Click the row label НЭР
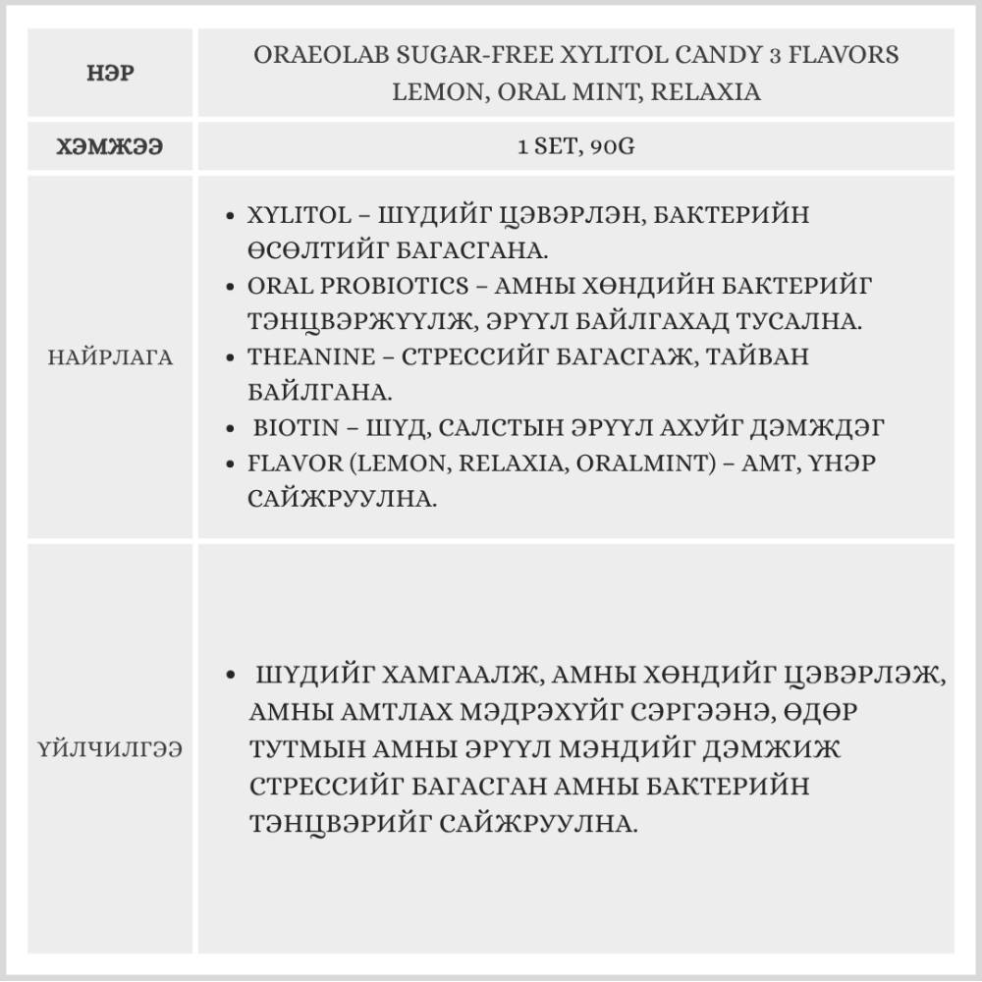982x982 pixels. pyautogui.click(x=109, y=74)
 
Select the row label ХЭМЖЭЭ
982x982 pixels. pyautogui.click(x=109, y=147)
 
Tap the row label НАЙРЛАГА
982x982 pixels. pyautogui.click(x=109, y=357)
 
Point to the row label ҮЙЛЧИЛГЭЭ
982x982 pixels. pyautogui.click(x=109, y=749)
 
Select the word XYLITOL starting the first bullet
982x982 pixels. pyautogui.click(x=288, y=215)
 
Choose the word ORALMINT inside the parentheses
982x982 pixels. pyautogui.click(x=652, y=464)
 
